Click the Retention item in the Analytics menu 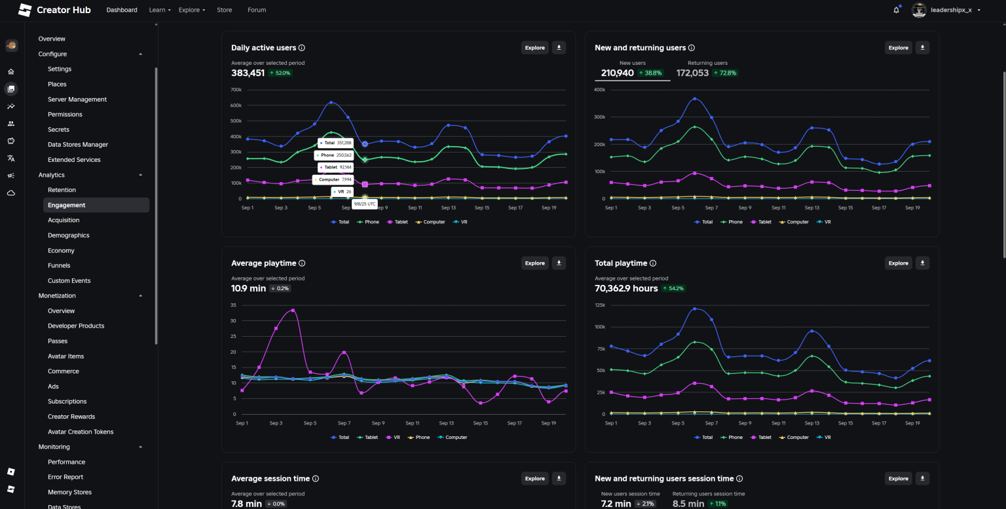pos(62,190)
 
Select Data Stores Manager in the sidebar pos(77,145)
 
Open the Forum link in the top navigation pos(257,10)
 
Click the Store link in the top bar pos(224,10)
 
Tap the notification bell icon pos(896,10)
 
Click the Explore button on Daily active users pos(534,48)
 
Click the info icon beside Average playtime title pos(302,263)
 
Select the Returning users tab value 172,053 pos(692,73)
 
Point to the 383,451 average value pos(248,73)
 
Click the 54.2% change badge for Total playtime pos(673,288)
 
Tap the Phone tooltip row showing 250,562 pos(336,155)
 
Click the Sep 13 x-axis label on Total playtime pos(811,423)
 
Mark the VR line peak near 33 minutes pos(293,311)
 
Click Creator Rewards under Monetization pos(71,417)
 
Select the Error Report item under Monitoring pos(65,477)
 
